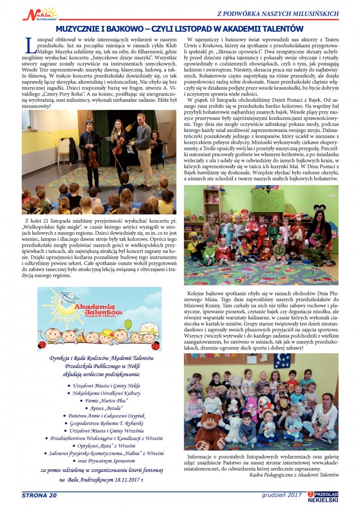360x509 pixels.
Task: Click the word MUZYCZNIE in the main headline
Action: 82,29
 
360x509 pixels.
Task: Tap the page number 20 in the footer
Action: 51,495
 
